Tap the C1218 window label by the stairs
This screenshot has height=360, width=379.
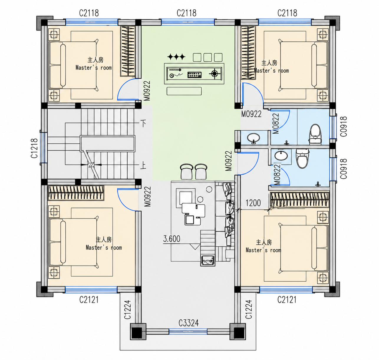coord(34,148)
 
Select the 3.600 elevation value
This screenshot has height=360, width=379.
coord(172,239)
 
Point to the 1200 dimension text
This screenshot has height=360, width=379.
coord(253,203)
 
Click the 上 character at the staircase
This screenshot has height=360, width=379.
coord(143,166)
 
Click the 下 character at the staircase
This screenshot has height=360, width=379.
coord(143,123)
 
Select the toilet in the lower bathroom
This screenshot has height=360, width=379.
coord(302,159)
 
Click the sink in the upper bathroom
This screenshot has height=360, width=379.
coord(254,138)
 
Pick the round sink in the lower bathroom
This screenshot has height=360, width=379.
coord(281,156)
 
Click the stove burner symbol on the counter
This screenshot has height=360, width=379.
coord(215,73)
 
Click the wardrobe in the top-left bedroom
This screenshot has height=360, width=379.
coord(128,51)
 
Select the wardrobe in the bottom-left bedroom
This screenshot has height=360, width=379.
coord(76,193)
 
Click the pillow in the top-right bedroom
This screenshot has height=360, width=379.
coord(314,65)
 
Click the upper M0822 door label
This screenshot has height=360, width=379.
coord(275,123)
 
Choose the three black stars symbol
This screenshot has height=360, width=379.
coord(176,57)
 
